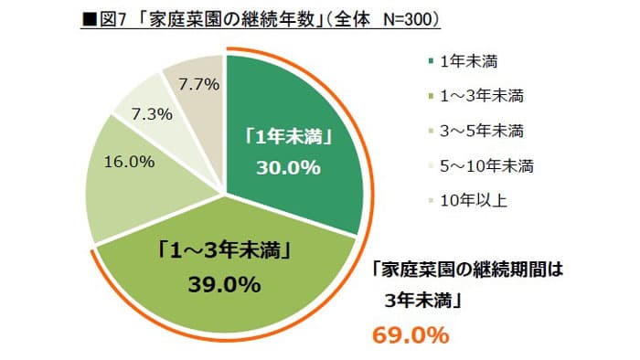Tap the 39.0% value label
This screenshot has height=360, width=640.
coord(224,284)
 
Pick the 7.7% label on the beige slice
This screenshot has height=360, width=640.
coord(198,85)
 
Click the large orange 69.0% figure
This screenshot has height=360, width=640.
coord(411,334)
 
